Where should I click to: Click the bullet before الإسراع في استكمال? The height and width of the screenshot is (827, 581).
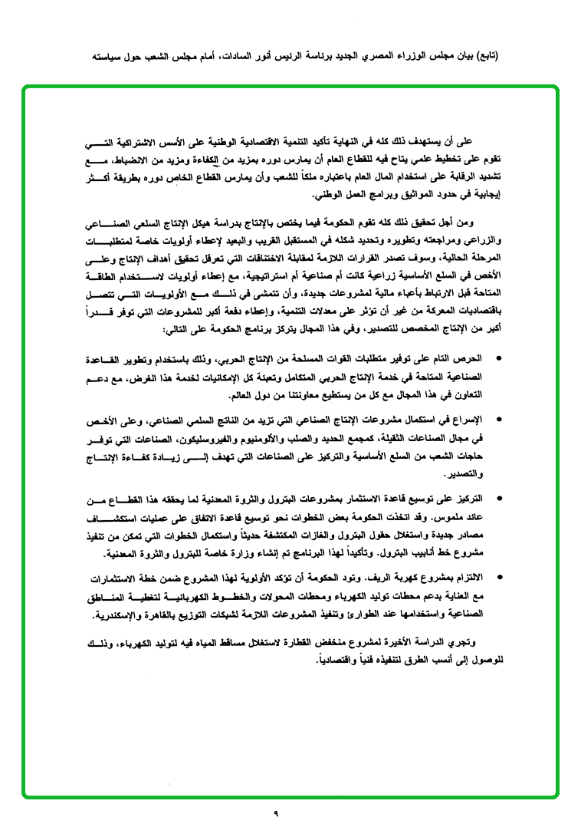coord(500,419)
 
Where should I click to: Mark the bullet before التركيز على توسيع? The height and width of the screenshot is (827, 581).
coord(500,499)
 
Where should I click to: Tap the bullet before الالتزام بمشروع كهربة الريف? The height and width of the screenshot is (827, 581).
coord(500,575)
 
